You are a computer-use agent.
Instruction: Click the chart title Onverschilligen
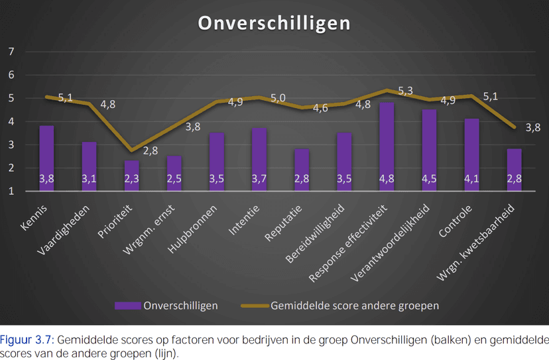pos(274,23)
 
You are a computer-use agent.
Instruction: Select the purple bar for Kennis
pos(46,156)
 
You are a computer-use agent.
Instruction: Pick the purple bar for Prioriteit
pos(131,174)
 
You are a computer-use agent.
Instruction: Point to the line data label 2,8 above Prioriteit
pos(149,150)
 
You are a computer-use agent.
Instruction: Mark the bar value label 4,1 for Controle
pos(471,179)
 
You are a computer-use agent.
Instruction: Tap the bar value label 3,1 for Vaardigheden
pos(89,179)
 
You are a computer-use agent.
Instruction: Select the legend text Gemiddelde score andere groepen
pos(355,306)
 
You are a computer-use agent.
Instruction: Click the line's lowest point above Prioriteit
pos(131,150)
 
